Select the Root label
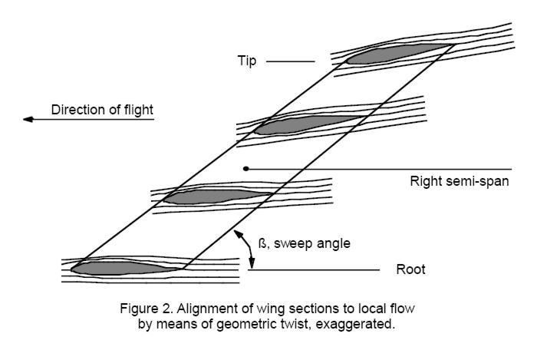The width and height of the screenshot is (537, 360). pos(410,270)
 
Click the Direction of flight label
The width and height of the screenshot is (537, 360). pos(102,110)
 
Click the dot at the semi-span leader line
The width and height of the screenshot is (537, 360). pos(245,168)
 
